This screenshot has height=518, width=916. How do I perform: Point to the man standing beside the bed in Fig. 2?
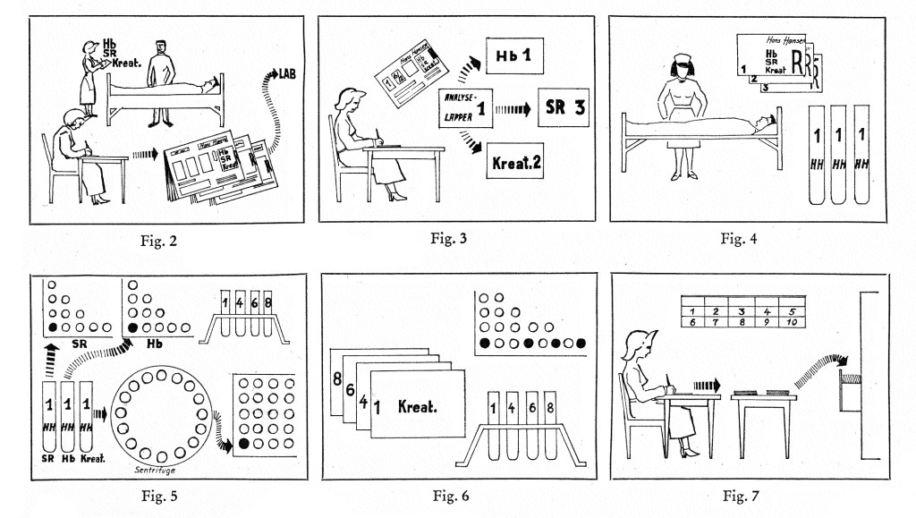pos(161,81)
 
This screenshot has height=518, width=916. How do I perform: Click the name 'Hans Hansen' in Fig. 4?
pos(788,39)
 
